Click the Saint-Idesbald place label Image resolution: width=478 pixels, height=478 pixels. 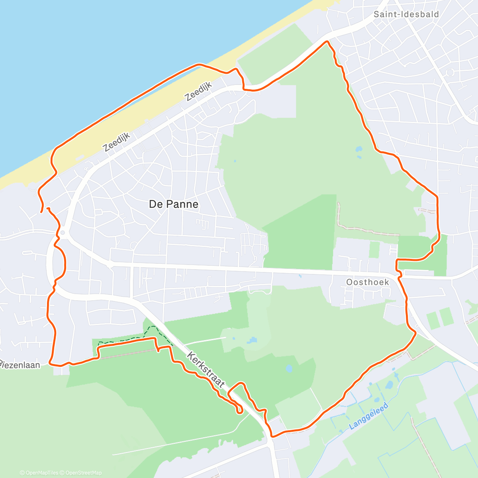pyautogui.click(x=406, y=14)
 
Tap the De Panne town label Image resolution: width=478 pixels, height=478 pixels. pyautogui.click(x=173, y=204)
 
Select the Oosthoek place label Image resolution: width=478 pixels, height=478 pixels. pyautogui.click(x=367, y=282)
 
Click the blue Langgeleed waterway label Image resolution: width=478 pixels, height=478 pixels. pyautogui.click(x=368, y=416)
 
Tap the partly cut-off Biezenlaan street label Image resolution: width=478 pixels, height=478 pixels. pyautogui.click(x=20, y=364)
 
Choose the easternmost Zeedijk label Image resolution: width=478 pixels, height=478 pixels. pyautogui.click(x=198, y=91)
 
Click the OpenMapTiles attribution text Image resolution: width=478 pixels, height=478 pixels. pyautogui.click(x=39, y=473)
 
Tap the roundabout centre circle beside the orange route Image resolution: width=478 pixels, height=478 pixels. pyautogui.click(x=62, y=232)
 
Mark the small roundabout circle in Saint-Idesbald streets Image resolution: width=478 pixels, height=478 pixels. pyautogui.click(x=450, y=72)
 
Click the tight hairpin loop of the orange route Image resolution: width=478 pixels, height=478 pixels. pyautogui.click(x=240, y=410)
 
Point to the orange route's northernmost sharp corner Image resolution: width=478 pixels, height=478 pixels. pyautogui.click(x=327, y=41)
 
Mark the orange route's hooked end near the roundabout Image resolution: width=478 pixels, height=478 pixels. pyautogui.click(x=48, y=208)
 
